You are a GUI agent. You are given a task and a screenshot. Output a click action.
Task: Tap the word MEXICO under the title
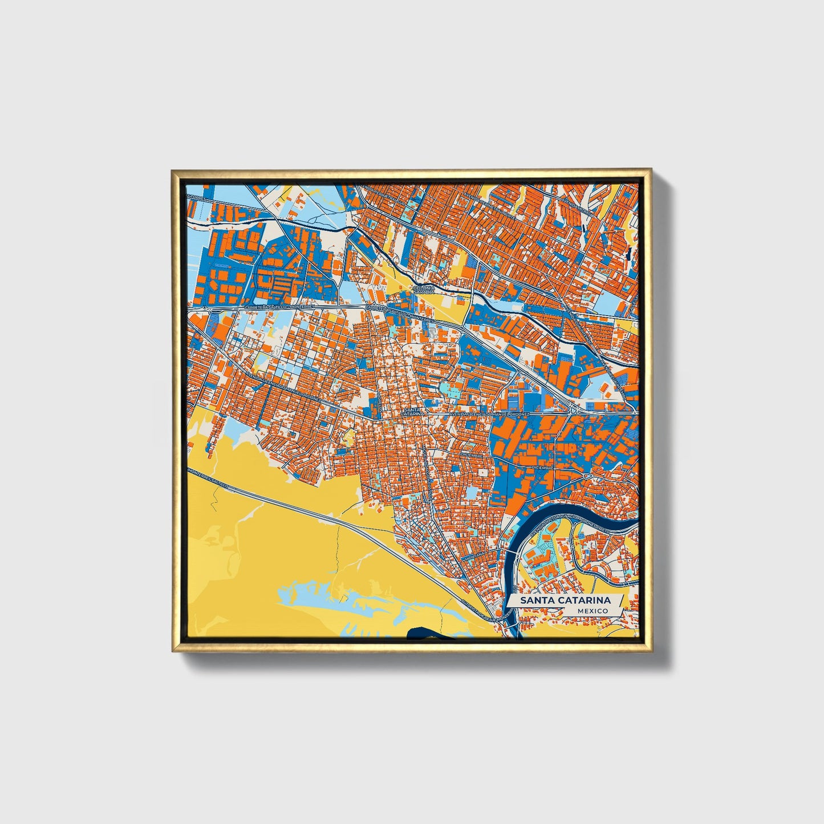pos(592,611)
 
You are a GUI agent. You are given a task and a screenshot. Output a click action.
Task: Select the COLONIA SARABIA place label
pos(424,290)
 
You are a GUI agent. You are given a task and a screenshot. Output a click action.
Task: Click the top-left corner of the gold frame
pos(173,171)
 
